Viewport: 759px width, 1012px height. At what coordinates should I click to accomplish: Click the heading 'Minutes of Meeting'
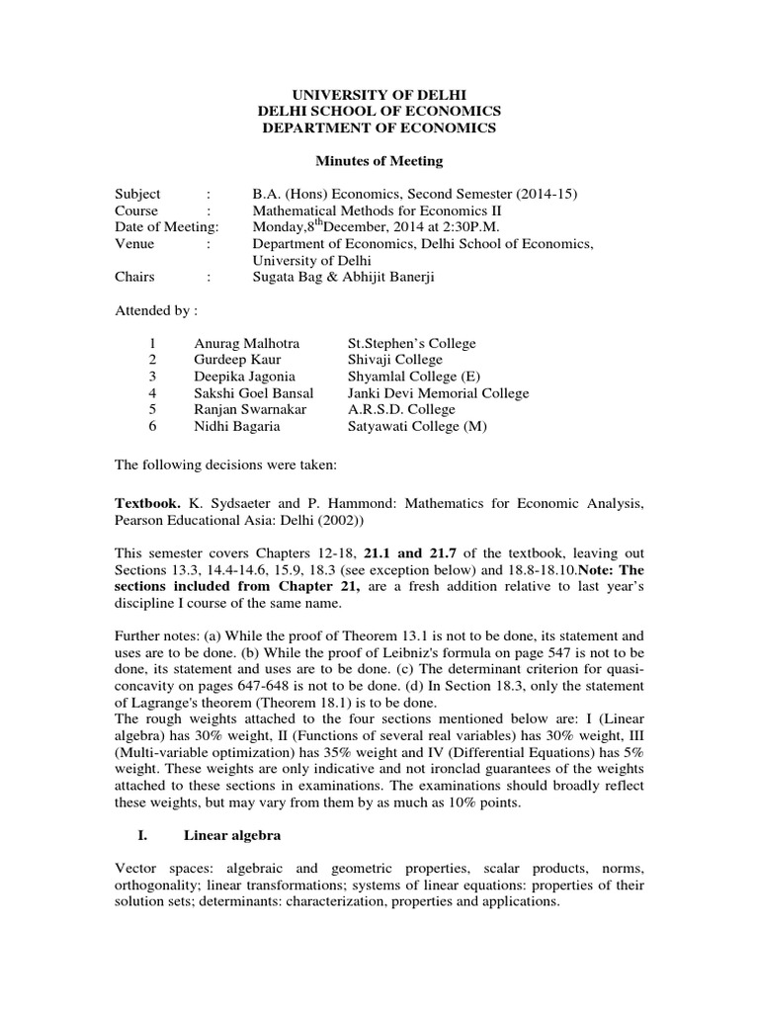click(379, 161)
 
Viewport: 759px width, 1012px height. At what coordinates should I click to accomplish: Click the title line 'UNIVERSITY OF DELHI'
click(379, 94)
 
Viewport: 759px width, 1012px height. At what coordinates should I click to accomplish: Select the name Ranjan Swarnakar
click(243, 409)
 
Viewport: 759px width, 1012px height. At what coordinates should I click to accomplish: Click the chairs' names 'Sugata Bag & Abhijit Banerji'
click(343, 277)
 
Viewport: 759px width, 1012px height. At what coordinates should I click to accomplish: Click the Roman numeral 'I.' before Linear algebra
click(143, 836)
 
